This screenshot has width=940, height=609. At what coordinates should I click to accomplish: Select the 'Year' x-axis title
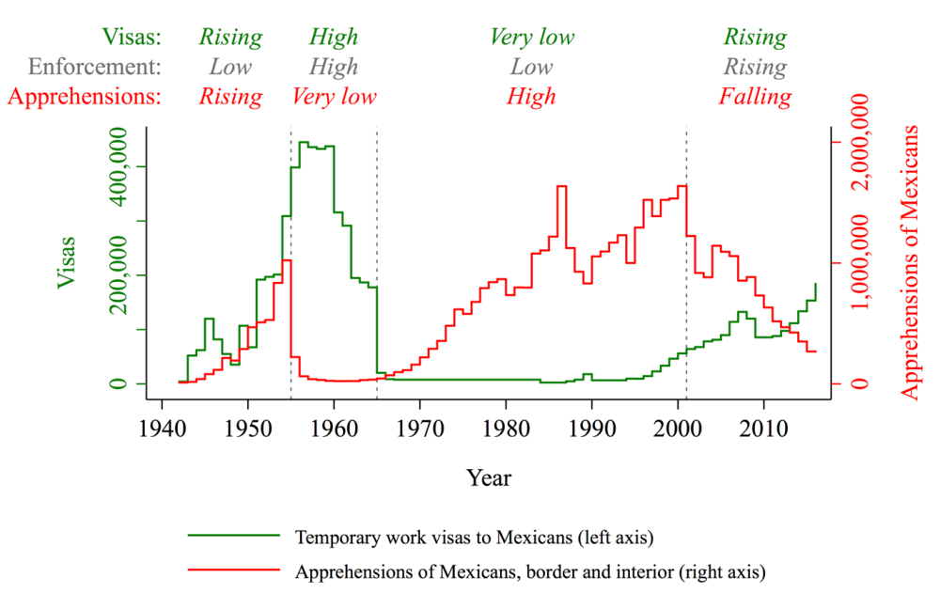pos(489,478)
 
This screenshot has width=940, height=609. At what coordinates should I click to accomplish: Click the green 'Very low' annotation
pos(531,38)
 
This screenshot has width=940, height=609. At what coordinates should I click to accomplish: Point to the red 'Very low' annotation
pos(334,96)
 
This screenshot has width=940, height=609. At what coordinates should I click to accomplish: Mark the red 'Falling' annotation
pos(755,96)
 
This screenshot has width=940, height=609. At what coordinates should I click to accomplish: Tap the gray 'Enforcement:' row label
pos(95,67)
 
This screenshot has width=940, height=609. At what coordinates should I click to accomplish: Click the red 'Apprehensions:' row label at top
pos(84,96)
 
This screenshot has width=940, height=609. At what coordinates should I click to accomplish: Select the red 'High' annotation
pos(531,96)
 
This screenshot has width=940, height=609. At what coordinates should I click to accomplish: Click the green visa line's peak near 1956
pos(304,142)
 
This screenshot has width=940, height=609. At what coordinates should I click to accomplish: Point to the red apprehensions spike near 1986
pos(561,186)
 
